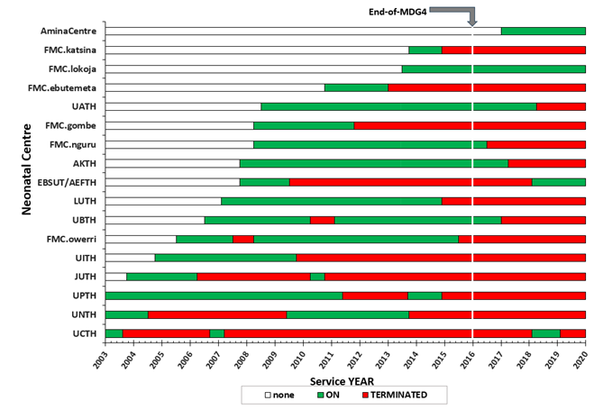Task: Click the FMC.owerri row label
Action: click(x=74, y=239)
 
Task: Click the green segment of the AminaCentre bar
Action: click(x=543, y=31)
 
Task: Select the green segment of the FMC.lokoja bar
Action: click(x=493, y=68)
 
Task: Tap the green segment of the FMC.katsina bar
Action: click(x=425, y=50)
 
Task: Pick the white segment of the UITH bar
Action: click(x=130, y=258)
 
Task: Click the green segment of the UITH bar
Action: click(x=225, y=258)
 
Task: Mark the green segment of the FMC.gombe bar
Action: click(x=304, y=125)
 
